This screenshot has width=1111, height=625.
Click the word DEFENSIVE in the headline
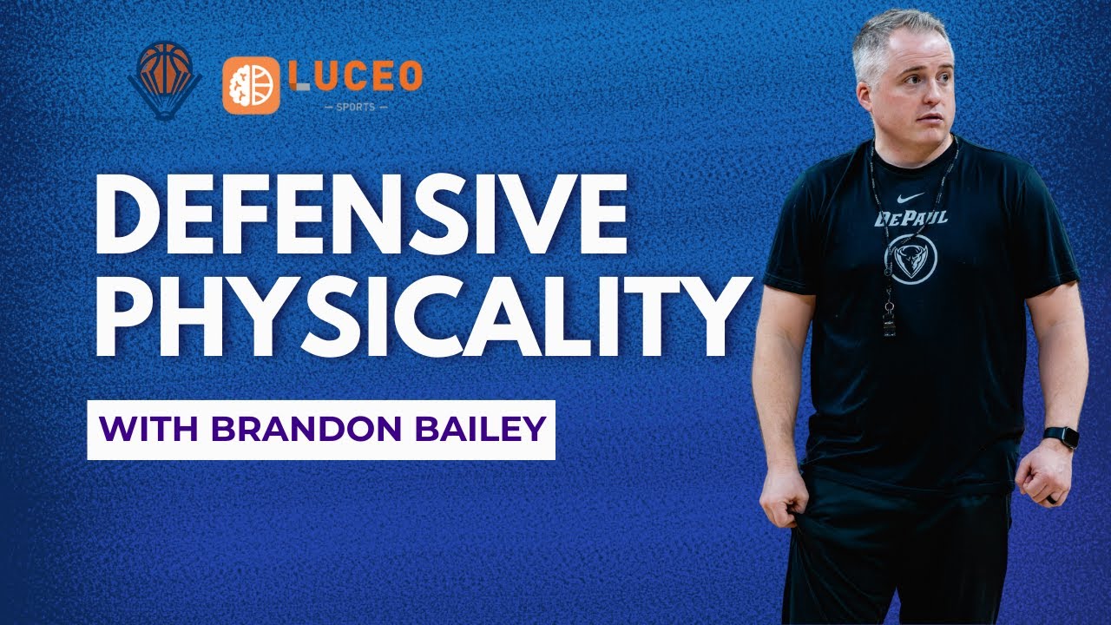[362, 214]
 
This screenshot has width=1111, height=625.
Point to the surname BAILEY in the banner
[480, 430]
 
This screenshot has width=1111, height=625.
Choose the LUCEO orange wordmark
[356, 76]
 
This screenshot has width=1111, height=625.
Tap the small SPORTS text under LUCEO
[356, 107]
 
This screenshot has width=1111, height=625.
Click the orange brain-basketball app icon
[251, 85]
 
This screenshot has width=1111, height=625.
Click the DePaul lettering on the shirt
[910, 218]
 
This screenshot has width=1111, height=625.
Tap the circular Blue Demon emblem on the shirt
[910, 258]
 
